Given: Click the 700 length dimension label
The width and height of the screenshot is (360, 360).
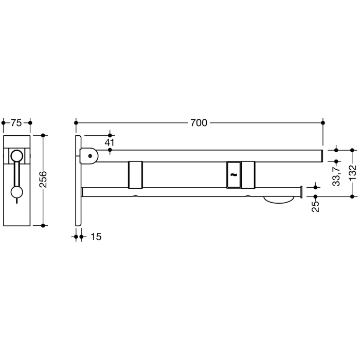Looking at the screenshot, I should (199, 123).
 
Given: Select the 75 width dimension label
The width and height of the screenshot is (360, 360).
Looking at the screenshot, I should (16, 123).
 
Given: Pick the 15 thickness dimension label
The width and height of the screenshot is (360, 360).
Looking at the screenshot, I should (95, 237).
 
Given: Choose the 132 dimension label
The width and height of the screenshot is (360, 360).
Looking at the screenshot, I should (352, 173).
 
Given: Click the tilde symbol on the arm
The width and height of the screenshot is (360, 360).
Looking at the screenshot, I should (233, 175).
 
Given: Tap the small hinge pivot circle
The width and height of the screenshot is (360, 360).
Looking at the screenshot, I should (91, 155).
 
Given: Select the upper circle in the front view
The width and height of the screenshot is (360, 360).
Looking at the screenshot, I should (17, 156).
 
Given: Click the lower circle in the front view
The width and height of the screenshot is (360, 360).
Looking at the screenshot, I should (17, 193).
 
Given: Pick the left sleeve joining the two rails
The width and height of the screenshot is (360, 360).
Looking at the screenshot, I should (135, 175).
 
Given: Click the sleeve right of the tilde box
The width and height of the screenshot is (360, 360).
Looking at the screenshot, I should (248, 175).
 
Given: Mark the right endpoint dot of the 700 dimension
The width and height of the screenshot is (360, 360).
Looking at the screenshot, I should (323, 123).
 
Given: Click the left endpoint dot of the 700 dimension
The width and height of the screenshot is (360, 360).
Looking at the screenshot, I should (76, 123).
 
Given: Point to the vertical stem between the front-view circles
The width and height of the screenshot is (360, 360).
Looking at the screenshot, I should (17, 175).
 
